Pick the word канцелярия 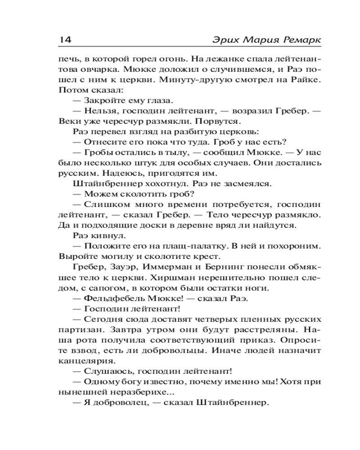pyautogui.click(x=81, y=361)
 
